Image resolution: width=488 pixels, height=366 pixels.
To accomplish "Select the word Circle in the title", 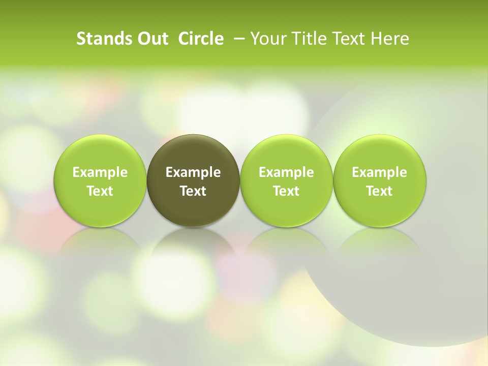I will tap(201, 39).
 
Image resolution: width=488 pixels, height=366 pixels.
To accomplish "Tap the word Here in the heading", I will tap(389, 39).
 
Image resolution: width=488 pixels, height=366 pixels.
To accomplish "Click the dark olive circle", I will tap(193, 180).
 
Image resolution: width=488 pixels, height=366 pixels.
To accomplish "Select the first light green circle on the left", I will tap(100, 180).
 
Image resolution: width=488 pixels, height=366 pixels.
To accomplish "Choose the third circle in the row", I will tap(286, 180).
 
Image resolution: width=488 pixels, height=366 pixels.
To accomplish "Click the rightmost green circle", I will tap(379, 180).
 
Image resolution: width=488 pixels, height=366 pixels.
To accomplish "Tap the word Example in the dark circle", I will tap(193, 172).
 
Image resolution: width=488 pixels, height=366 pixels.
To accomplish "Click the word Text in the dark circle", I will tap(193, 191).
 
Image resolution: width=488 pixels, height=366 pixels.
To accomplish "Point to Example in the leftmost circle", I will tap(100, 172).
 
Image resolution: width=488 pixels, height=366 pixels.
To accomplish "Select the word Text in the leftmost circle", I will tap(100, 191).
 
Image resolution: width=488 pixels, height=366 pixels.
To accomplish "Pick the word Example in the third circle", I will tap(286, 172).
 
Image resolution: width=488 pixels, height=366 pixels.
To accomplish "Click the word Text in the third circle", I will tap(286, 191).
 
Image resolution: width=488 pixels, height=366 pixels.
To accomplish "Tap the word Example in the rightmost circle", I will tap(379, 172).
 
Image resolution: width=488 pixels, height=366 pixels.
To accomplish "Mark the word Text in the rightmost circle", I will tap(379, 191).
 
